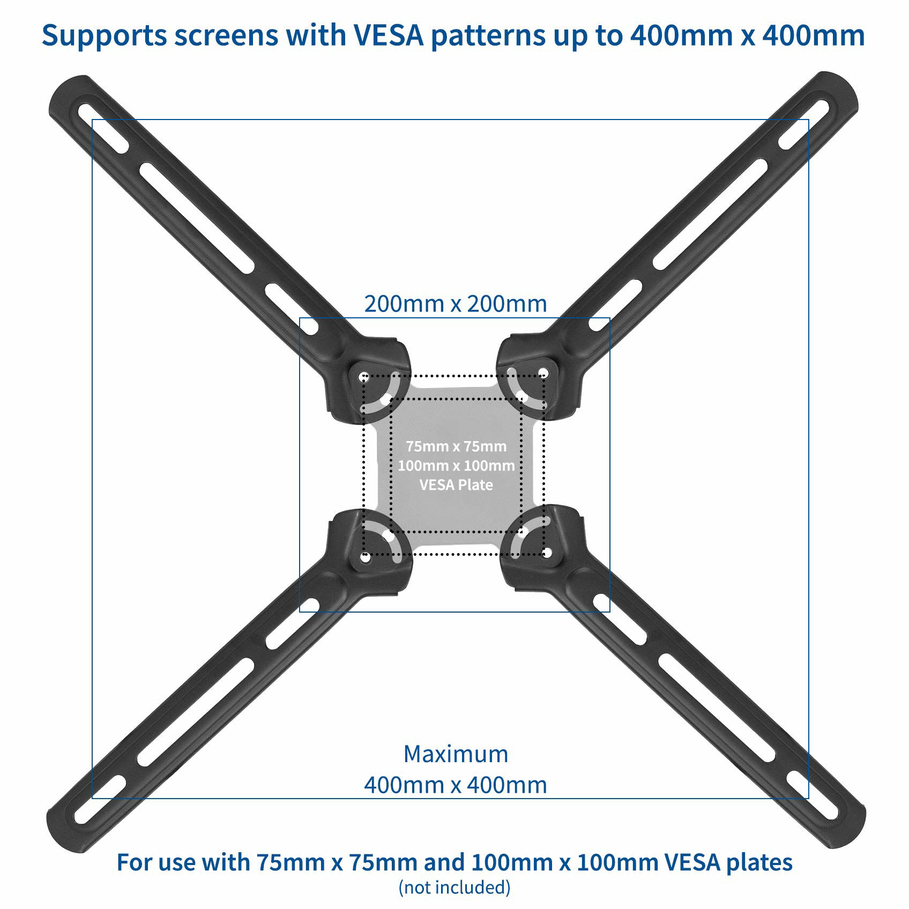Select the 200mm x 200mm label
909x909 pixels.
click(456, 304)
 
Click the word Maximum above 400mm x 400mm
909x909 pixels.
click(456, 754)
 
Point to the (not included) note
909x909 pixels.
click(455, 887)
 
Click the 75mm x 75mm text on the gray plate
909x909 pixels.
click(456, 446)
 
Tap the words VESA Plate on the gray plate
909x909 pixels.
click(456, 485)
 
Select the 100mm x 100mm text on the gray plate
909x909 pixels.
click(456, 465)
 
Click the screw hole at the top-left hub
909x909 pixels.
click(364, 376)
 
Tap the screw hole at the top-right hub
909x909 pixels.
click(543, 372)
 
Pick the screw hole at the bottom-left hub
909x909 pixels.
click(366, 558)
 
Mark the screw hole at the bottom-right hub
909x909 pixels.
click(547, 552)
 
